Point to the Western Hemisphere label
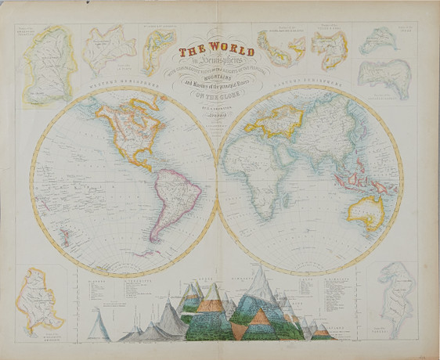[x=117, y=81]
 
